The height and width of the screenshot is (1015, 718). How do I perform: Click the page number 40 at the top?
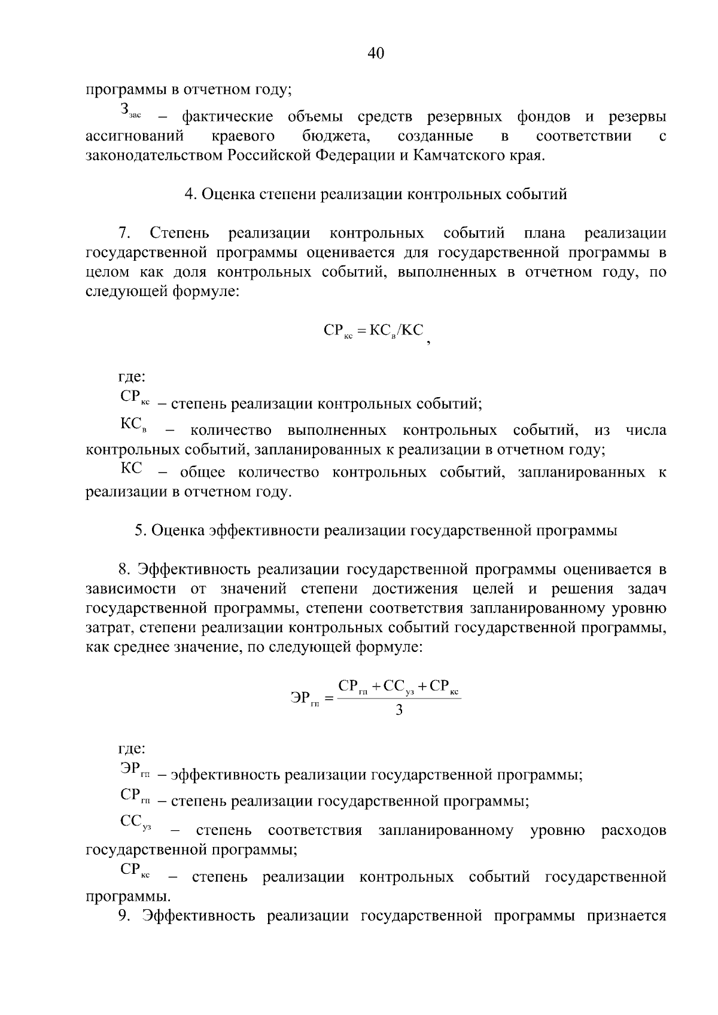coord(375,54)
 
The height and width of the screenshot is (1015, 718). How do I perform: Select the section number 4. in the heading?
coord(191,194)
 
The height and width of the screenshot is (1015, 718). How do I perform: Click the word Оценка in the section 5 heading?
coord(177,531)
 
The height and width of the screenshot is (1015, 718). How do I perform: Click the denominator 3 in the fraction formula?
coord(399,711)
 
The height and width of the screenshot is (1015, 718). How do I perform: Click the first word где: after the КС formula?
coord(131,377)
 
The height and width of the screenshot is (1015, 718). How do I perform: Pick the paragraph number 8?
coord(124,569)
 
